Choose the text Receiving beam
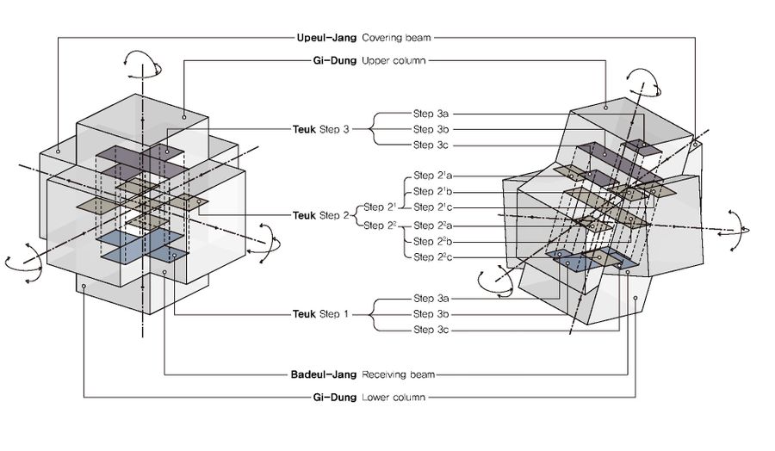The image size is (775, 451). pyautogui.click(x=398, y=375)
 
